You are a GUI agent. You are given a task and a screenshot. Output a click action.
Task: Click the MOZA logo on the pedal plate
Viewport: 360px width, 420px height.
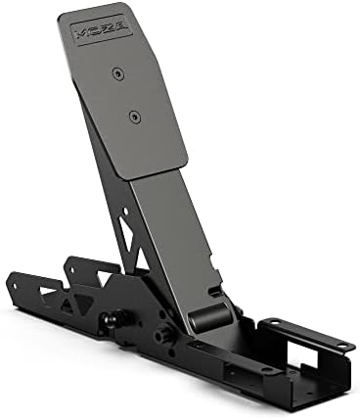point(104,29)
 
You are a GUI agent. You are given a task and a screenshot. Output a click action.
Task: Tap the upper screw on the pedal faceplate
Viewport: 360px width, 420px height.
point(117,73)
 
